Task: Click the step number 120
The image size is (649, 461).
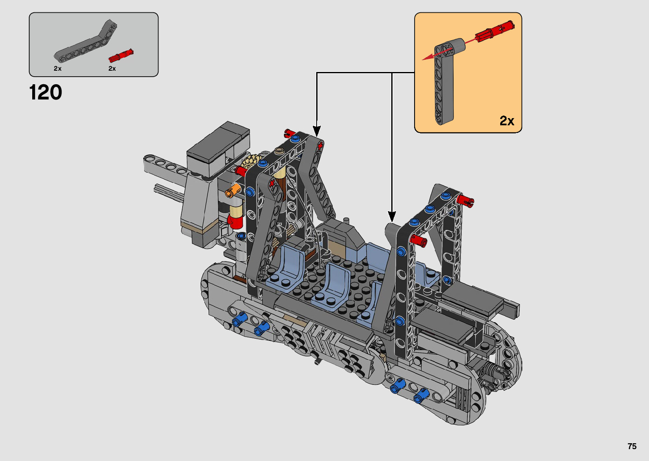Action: (x=45, y=92)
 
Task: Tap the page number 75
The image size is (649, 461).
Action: (x=632, y=446)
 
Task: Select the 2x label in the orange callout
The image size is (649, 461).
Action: (x=507, y=121)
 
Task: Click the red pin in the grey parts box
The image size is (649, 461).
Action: (x=121, y=55)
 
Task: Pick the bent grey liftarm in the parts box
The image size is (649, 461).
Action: (x=86, y=41)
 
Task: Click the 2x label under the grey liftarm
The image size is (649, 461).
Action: (x=58, y=69)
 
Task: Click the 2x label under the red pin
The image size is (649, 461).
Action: (x=112, y=69)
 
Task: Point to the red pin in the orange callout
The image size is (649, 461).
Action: (x=495, y=32)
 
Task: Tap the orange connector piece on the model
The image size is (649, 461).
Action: (x=234, y=191)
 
